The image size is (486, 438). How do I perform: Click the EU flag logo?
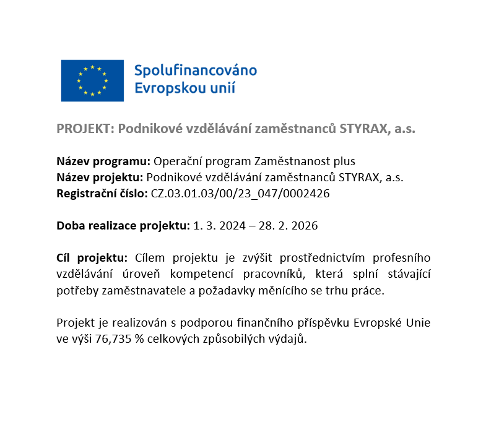pos(92,80)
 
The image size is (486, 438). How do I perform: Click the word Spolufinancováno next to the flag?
pos(196,69)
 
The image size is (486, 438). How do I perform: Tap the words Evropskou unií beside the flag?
pos(185,87)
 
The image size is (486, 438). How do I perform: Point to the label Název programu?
pos(103,161)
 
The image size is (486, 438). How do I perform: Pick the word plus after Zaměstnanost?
pos(344,161)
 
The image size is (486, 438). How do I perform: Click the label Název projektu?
pos(100,178)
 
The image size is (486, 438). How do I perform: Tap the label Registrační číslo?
pos(102,194)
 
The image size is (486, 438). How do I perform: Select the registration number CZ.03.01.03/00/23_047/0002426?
pos(240,194)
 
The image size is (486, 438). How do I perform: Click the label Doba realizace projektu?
pos(123,226)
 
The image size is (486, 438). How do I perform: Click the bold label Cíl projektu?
pos(92,258)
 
